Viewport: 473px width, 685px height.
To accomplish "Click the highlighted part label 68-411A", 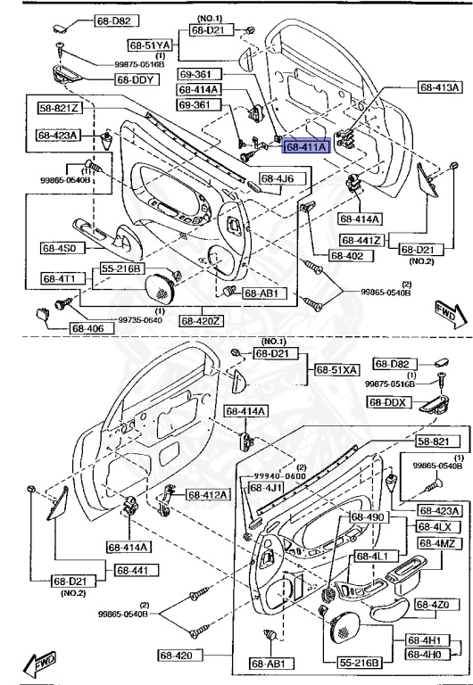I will (x=307, y=145).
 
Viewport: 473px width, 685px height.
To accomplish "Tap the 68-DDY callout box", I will (x=136, y=79).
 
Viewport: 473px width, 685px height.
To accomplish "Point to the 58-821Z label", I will (x=59, y=108).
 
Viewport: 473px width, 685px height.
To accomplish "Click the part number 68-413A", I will (x=439, y=87).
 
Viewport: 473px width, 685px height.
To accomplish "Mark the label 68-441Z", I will (x=361, y=240).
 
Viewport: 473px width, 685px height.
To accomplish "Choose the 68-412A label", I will (x=208, y=494).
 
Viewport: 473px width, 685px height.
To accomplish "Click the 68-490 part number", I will (x=367, y=516).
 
